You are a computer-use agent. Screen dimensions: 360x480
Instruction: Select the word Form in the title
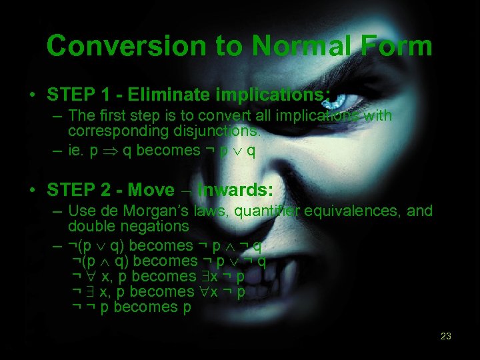coord(399,46)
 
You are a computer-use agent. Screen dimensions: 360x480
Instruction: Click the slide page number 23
coord(446,336)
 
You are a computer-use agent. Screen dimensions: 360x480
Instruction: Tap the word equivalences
coord(346,211)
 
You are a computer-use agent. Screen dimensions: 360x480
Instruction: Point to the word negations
coord(155,227)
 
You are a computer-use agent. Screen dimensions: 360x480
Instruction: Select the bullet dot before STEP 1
coord(32,93)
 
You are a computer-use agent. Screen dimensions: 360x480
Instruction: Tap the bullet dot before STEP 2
coord(32,191)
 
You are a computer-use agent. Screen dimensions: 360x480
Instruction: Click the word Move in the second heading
coord(151,190)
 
